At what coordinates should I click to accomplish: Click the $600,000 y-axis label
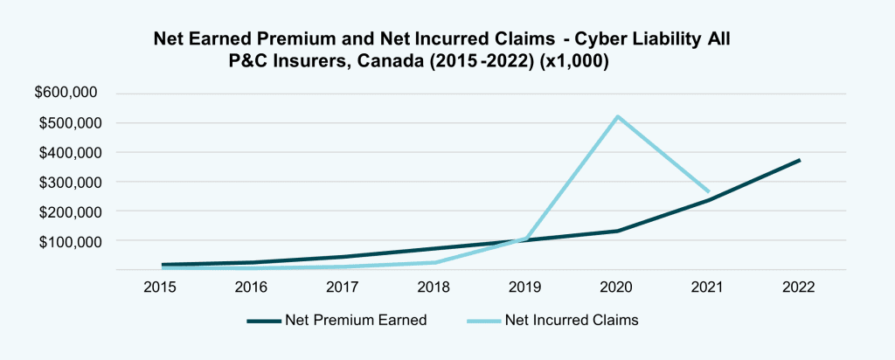tap(67, 93)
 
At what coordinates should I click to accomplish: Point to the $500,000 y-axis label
tap(67, 123)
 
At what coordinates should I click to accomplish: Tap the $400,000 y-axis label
tap(67, 153)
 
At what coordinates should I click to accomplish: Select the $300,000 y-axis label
tap(67, 183)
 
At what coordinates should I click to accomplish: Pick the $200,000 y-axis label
tap(67, 211)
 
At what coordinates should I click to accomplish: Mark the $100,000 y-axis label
tap(67, 241)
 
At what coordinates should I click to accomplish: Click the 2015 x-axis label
tap(162, 287)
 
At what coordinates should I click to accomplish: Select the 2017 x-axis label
tap(343, 287)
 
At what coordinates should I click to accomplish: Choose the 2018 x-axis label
tap(434, 287)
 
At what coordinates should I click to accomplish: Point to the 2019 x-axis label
tap(526, 287)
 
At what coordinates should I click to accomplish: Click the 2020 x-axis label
tap(617, 287)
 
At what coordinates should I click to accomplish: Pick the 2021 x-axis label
tap(708, 287)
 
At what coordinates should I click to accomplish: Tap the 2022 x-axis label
tap(799, 287)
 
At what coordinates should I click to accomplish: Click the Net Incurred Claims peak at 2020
tap(617, 116)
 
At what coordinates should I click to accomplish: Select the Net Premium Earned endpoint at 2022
tap(799, 160)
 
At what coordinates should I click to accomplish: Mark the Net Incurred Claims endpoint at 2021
tap(708, 191)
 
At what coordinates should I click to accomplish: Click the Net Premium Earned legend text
tap(356, 320)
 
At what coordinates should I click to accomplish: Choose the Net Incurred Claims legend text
tap(572, 320)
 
